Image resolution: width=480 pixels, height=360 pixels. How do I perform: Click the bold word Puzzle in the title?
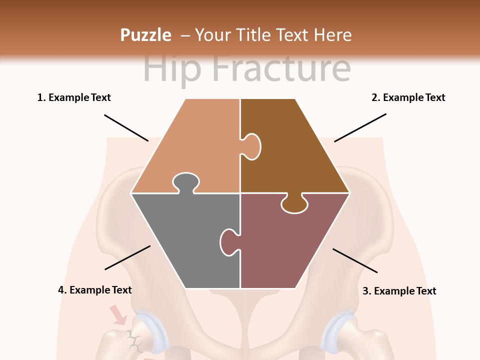point(145,35)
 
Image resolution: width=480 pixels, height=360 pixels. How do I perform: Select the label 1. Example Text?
point(74,97)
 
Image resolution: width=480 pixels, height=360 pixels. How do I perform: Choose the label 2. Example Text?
point(408,97)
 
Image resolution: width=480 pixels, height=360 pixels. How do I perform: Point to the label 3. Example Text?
point(399,291)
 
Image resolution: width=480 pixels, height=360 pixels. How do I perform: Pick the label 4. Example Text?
point(95,290)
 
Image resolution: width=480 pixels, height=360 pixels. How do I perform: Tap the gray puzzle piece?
point(185,235)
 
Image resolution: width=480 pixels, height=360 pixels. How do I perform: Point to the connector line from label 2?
point(360,127)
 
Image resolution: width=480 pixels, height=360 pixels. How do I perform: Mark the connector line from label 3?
point(355,260)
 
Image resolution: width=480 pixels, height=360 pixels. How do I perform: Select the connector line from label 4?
point(127,257)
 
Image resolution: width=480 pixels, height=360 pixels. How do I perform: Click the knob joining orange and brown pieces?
point(252,146)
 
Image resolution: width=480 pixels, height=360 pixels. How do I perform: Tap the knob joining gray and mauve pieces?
point(229,242)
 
